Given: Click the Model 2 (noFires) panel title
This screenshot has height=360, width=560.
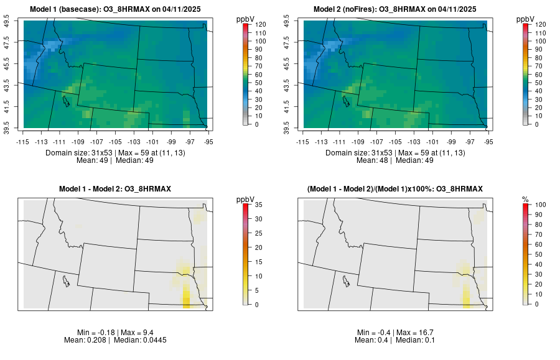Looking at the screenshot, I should tap(395, 9).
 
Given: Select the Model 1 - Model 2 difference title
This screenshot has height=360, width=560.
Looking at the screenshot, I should tap(115, 189).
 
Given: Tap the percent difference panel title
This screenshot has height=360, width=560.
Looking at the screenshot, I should tap(395, 189).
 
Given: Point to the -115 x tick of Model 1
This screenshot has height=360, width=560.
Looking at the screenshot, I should tap(24, 142).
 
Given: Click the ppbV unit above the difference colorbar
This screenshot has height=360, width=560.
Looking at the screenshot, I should tap(246, 199).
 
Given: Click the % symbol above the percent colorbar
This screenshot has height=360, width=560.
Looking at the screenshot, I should tap(525, 199).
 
